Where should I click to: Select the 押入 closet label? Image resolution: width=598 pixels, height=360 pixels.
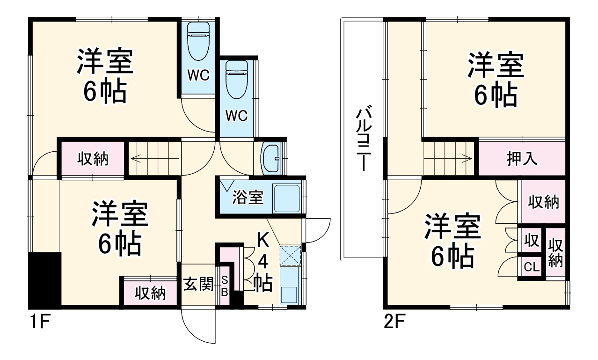(522, 159)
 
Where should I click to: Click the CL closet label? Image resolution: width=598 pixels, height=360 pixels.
(531, 268)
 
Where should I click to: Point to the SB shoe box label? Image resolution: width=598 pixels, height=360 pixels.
(224, 286)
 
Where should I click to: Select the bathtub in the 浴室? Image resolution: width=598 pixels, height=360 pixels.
(286, 198)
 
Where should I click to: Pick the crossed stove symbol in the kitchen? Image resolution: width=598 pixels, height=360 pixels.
(290, 256)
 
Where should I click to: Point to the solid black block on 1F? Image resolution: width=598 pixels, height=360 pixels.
(45, 279)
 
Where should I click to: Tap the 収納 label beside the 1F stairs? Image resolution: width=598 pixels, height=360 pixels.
(92, 159)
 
